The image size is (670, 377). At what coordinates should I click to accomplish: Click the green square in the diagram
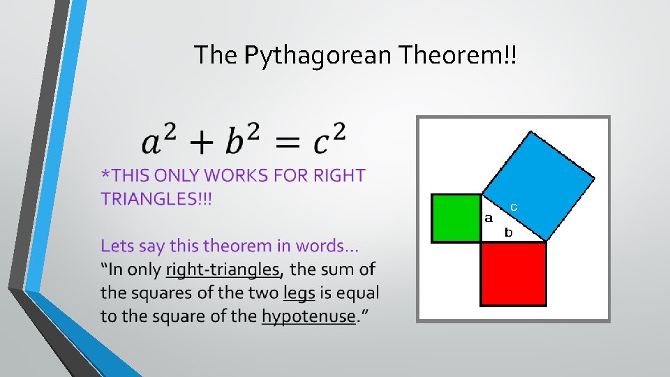(456, 218)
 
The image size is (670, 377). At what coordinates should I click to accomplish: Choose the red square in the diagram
(513, 273)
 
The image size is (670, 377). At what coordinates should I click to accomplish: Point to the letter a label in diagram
(489, 218)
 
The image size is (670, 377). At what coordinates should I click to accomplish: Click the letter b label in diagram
(509, 232)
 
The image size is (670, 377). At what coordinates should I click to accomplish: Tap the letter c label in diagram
(513, 207)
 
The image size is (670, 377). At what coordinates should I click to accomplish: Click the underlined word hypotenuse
(308, 316)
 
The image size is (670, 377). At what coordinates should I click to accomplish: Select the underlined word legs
(300, 293)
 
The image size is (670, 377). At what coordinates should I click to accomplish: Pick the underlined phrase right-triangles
(223, 269)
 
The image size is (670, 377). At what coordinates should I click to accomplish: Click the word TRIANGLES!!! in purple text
(156, 199)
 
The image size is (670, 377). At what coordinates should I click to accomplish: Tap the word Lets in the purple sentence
(117, 246)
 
